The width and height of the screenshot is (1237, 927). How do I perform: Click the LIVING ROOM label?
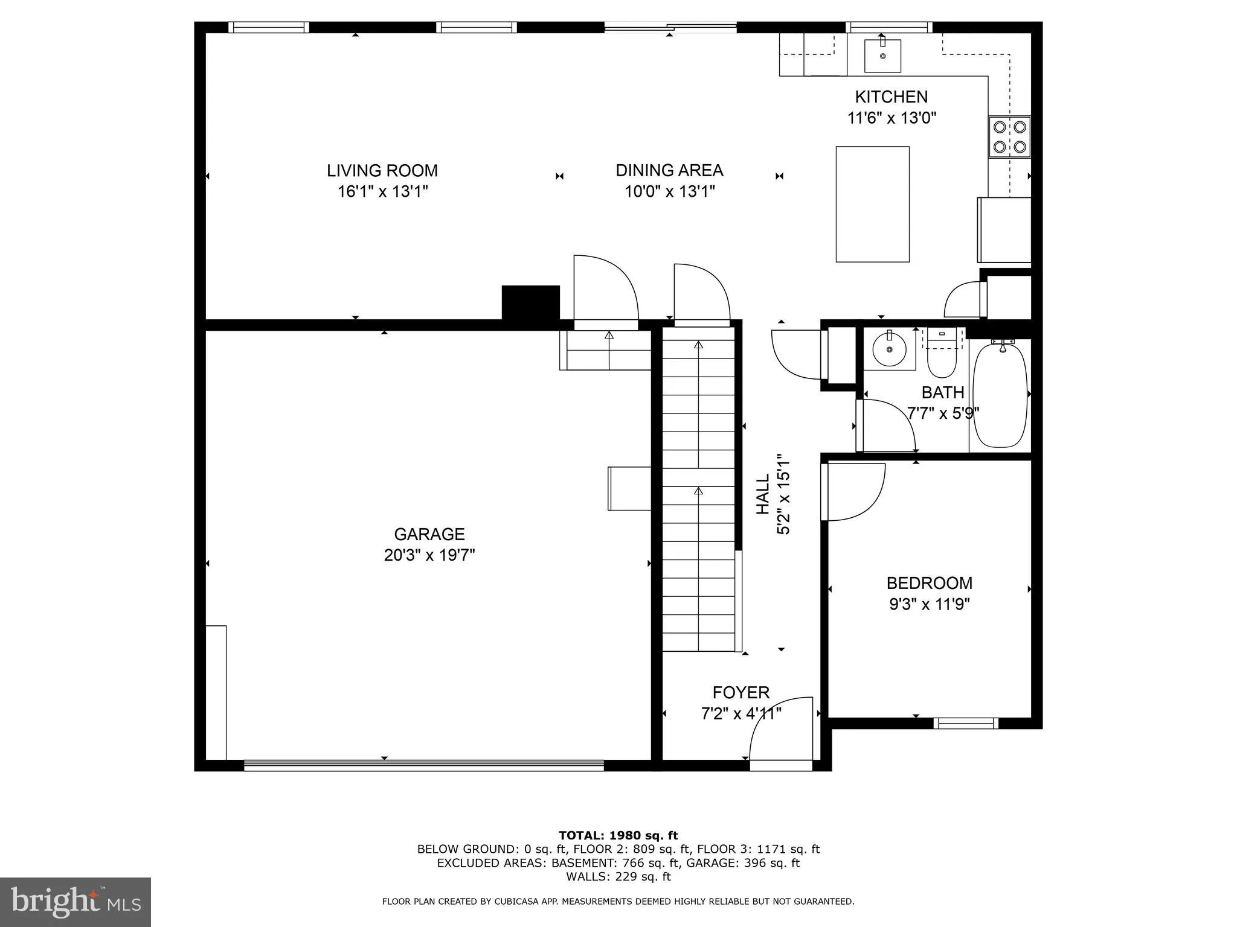coord(382,171)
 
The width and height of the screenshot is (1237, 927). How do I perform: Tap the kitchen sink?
coord(882,56)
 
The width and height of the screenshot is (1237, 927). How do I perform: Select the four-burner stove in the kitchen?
coord(1009,137)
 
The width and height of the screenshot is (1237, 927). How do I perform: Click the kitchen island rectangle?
coord(872,204)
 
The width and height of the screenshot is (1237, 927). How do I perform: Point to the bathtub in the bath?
coord(1000,395)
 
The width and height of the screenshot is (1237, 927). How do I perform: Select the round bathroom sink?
coord(889,350)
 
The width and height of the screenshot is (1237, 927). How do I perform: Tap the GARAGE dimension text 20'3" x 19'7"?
coord(429,555)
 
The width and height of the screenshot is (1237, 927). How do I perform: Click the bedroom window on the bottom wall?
coord(965,722)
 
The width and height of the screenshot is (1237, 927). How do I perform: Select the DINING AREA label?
coord(669,171)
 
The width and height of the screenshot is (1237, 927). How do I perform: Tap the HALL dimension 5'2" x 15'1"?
coord(783,494)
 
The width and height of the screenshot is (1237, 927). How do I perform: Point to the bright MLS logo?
coord(76,902)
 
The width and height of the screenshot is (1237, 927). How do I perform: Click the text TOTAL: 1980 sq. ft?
coord(618,835)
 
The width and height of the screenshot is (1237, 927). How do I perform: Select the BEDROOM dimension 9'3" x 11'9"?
coord(929,604)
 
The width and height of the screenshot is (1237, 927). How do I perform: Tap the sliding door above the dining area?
coord(670,27)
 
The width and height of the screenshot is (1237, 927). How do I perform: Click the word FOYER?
coord(741,692)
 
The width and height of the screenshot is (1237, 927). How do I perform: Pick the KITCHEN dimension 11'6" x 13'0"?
coord(892,118)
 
